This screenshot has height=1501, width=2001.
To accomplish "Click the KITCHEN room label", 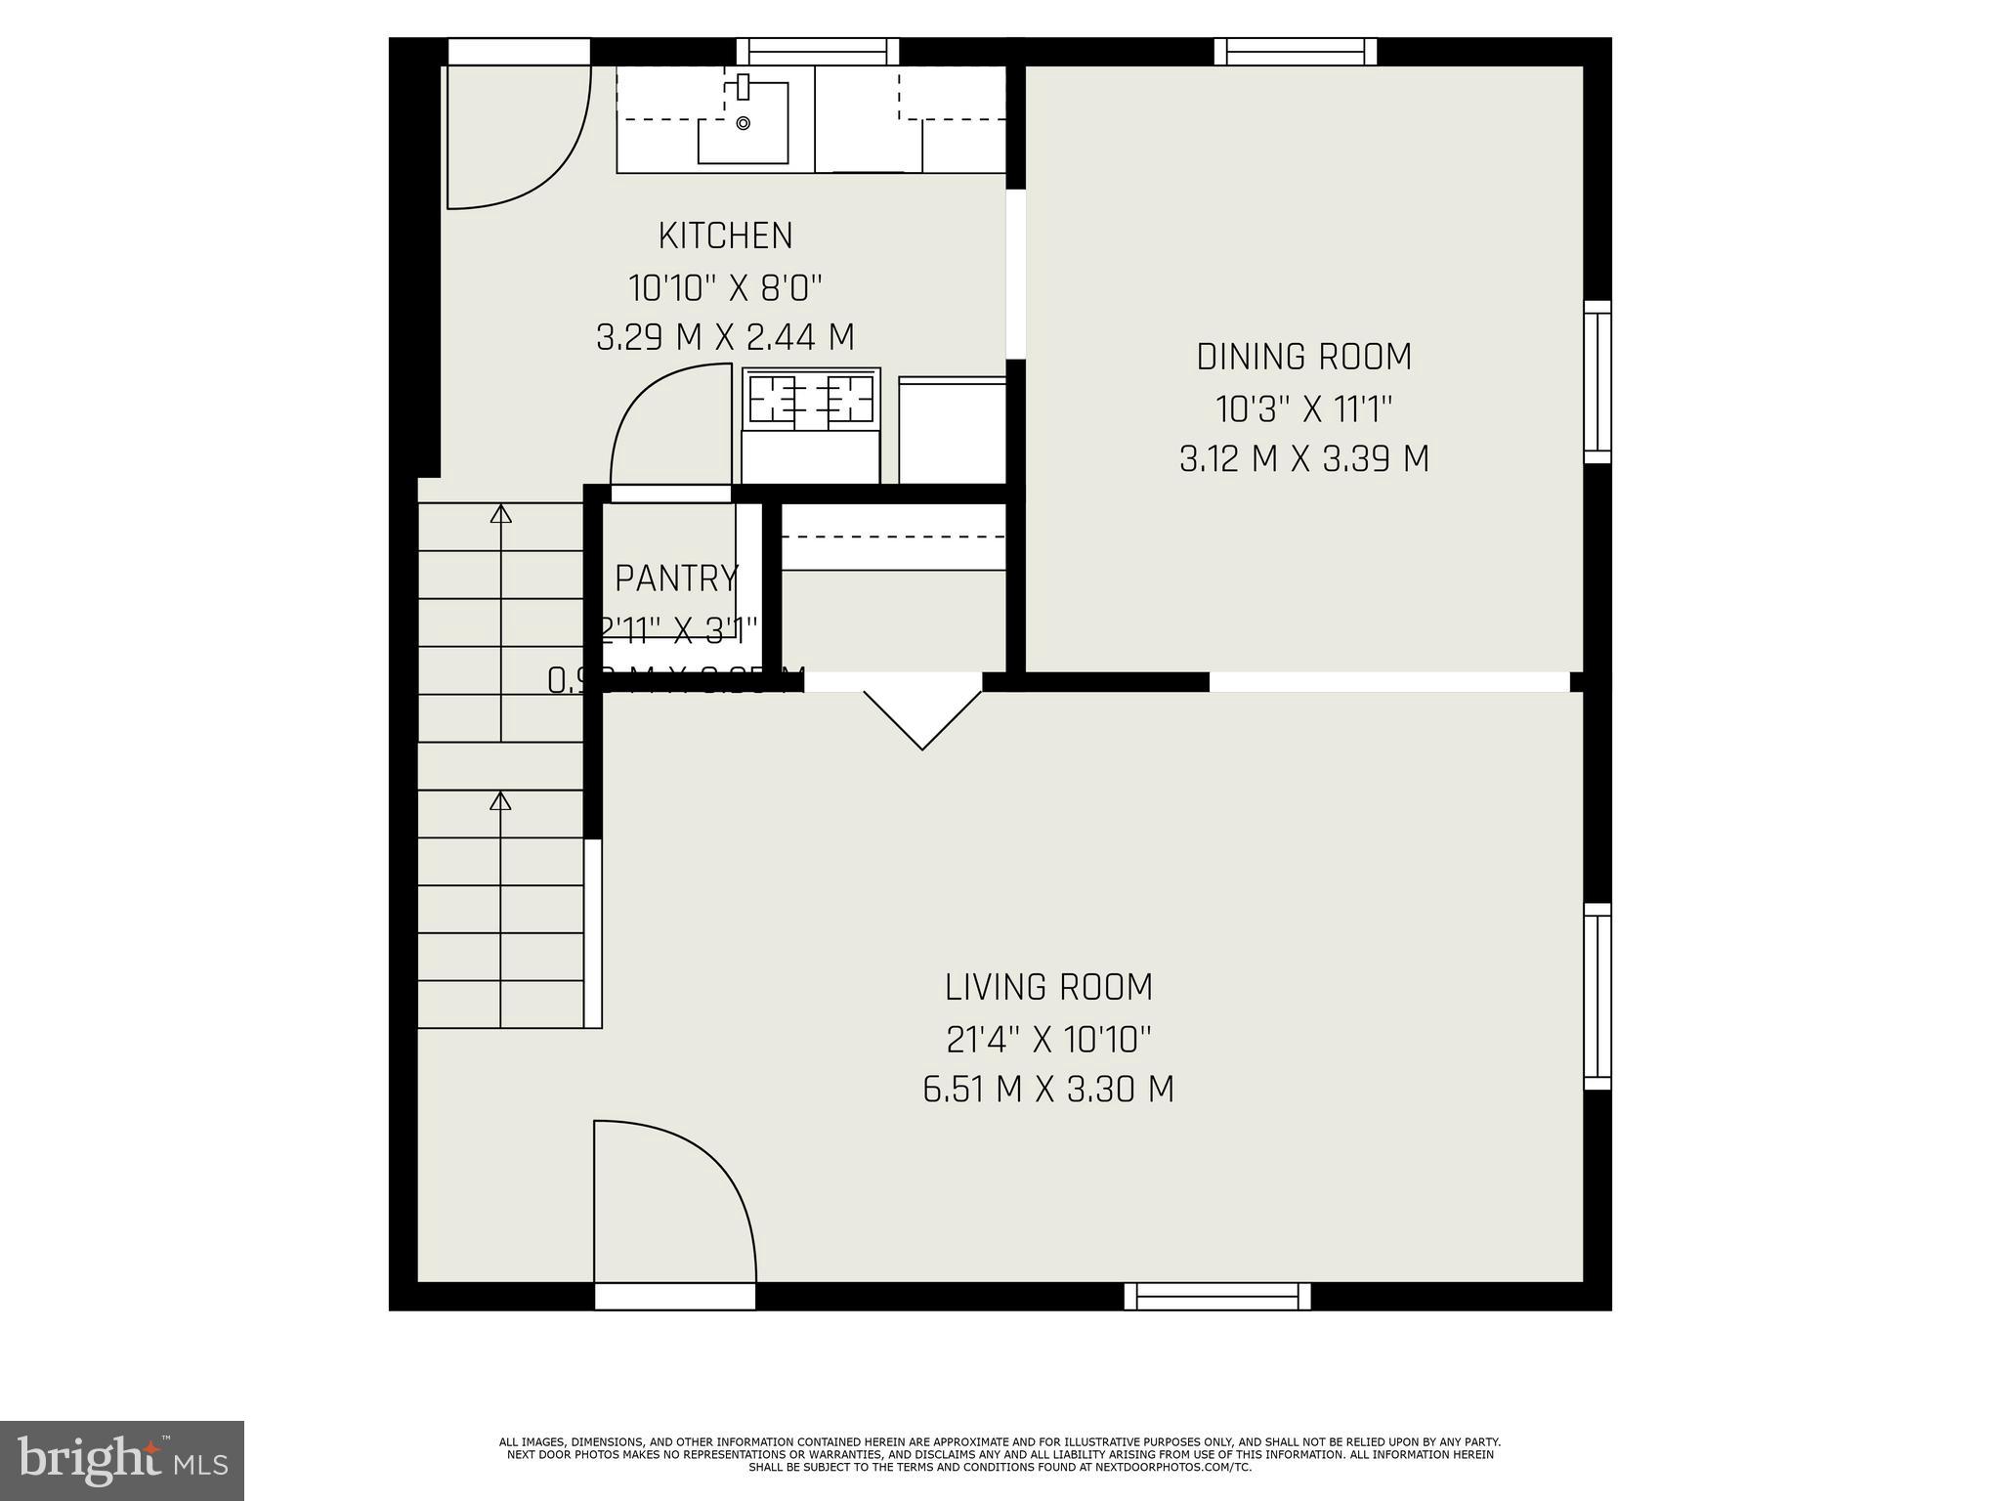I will tap(725, 236).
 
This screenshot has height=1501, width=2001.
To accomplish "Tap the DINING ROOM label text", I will tap(1303, 357).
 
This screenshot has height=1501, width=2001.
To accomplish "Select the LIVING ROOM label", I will tap(1048, 987).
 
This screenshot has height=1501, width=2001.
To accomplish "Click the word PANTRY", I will tap(676, 579).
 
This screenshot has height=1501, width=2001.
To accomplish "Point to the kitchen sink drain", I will tap(743, 123).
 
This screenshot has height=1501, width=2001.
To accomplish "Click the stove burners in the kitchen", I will tap(811, 400).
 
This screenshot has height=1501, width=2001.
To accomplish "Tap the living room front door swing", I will tap(674, 1202).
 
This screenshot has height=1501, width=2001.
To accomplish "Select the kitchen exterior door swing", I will tap(518, 137).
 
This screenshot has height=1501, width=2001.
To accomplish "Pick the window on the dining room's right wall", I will tap(1597, 382).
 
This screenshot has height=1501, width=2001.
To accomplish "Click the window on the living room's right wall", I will tap(1597, 996).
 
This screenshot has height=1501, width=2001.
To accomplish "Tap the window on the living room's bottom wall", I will tap(1217, 1296).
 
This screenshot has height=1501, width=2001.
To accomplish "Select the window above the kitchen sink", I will tap(817, 51).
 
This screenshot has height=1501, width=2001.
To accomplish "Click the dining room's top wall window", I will tap(1296, 51).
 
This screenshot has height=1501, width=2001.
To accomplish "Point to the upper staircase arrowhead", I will tap(500, 513).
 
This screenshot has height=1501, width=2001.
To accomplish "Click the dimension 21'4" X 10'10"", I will tap(1048, 1039).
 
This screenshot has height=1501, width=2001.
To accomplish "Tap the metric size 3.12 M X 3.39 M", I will tap(1303, 458).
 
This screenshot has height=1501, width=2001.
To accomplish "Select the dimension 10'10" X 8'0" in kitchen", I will tap(725, 288).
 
